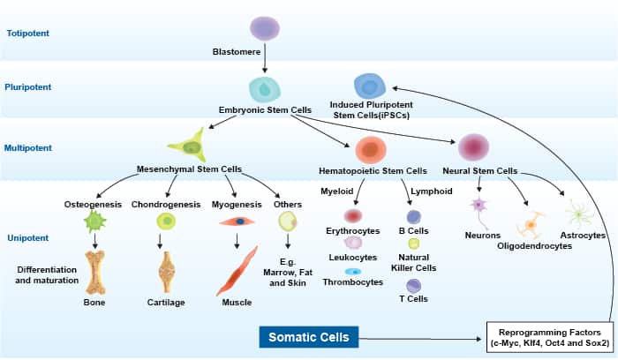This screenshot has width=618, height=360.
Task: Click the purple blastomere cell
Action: [265, 28]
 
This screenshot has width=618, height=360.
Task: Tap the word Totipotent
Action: [28, 33]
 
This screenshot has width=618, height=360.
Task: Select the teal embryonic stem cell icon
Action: [265, 90]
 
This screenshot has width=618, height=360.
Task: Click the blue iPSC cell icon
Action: [370, 86]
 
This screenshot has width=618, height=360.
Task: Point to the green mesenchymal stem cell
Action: [189, 146]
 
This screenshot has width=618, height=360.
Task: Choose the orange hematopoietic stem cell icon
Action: [371, 150]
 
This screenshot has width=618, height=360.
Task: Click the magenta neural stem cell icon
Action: [473, 147]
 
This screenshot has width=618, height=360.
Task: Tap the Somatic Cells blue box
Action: [309, 337]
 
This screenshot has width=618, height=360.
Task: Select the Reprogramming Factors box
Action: [550, 337]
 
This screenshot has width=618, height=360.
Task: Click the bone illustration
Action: [95, 273]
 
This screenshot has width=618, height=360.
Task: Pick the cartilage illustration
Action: [166, 272]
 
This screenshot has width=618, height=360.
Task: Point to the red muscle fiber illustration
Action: [237, 272]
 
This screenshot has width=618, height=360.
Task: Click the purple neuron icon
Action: [479, 206]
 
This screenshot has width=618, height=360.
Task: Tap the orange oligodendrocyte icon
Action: [531, 224]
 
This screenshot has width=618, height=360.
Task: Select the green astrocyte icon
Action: [579, 214]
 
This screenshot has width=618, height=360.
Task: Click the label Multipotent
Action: [28, 148]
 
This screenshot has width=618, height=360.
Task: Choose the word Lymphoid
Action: [432, 191]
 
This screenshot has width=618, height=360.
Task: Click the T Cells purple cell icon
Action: [413, 286]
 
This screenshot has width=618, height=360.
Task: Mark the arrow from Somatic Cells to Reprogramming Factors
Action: [420, 339]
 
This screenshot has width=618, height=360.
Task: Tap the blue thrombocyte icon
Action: [353, 272]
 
